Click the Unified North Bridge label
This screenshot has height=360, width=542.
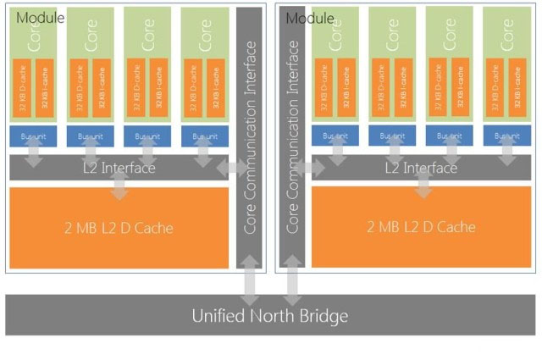pyautogui.click(x=269, y=317)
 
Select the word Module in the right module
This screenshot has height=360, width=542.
pyautogui.click(x=309, y=17)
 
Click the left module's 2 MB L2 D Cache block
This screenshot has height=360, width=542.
pyautogui.click(x=119, y=227)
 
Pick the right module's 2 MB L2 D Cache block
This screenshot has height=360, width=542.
pyautogui.click(x=421, y=227)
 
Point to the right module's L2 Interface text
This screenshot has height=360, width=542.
pyautogui.click(x=421, y=168)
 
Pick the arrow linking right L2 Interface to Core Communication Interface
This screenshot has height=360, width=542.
pyautogui.click(x=310, y=169)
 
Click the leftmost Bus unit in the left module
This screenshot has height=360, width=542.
pyautogui.click(x=32, y=136)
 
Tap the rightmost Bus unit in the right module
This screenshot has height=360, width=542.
pyautogui.click(x=506, y=136)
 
